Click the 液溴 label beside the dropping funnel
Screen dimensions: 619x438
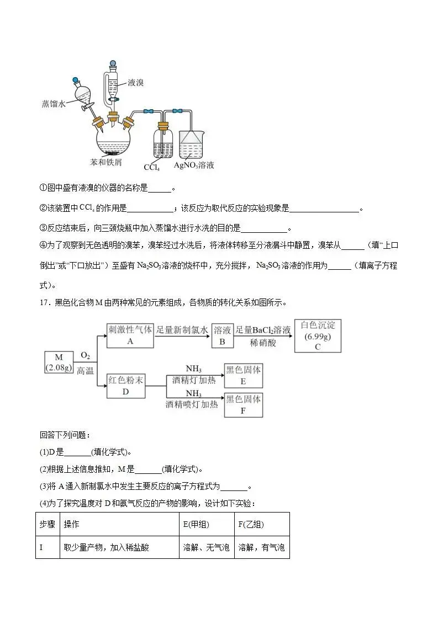[x=135, y=83]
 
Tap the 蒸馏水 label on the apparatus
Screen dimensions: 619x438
[x=54, y=103]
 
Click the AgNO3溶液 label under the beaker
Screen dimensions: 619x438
[x=194, y=165]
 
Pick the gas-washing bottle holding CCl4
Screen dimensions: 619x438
[x=163, y=142]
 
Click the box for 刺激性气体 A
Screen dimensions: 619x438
[x=130, y=335]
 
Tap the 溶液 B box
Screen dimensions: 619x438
[x=223, y=335]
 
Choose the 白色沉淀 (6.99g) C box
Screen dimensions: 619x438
[x=318, y=335]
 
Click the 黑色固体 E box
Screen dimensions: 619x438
[x=244, y=375]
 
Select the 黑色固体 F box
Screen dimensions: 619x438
[x=244, y=404]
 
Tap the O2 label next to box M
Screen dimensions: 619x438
[x=86, y=355]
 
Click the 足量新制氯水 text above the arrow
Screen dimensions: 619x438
[x=182, y=330]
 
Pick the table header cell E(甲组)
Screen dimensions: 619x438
[x=196, y=524]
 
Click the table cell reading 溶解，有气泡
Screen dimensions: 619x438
[x=261, y=548]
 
